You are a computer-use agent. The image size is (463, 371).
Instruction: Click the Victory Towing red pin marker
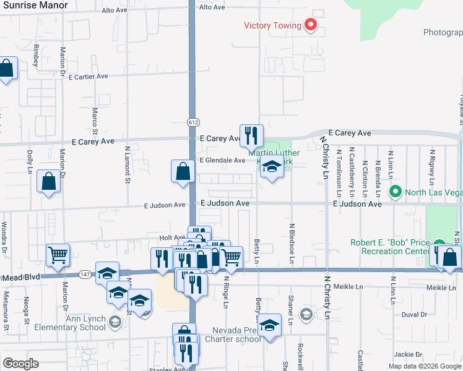(311, 25)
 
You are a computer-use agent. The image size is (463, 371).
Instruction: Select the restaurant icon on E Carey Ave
(251, 135)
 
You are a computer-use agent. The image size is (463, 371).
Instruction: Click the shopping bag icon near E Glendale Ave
(183, 171)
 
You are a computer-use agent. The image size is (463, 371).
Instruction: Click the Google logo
(21, 363)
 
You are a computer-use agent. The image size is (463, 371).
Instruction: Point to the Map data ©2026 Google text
(424, 365)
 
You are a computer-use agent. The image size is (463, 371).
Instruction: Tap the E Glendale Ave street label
(222, 160)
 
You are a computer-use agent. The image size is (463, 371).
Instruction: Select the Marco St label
(95, 121)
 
